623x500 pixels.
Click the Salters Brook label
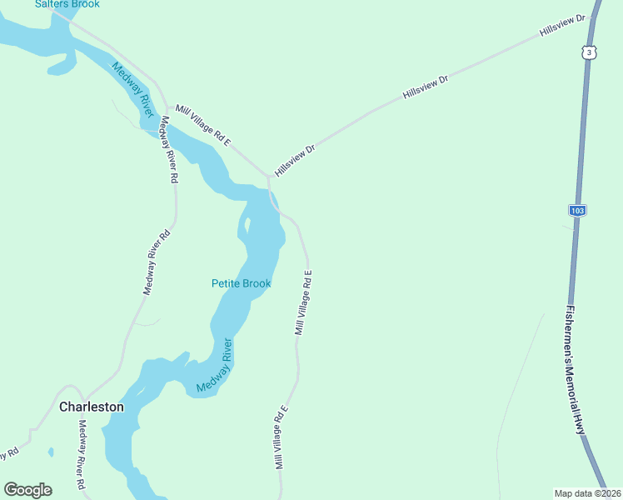[67, 4]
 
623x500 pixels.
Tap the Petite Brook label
[241, 283]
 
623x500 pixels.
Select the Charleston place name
[92, 407]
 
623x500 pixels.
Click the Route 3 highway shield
[589, 51]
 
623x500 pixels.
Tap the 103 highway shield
[578, 210]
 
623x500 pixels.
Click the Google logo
[27, 490]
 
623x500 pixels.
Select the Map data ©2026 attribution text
[587, 492]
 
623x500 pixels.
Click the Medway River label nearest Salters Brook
[132, 89]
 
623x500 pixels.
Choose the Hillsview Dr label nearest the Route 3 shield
[562, 25]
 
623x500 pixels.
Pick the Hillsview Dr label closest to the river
[296, 159]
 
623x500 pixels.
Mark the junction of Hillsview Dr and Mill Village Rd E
[268, 176]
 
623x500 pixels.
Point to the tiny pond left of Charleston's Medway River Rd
[51, 452]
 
